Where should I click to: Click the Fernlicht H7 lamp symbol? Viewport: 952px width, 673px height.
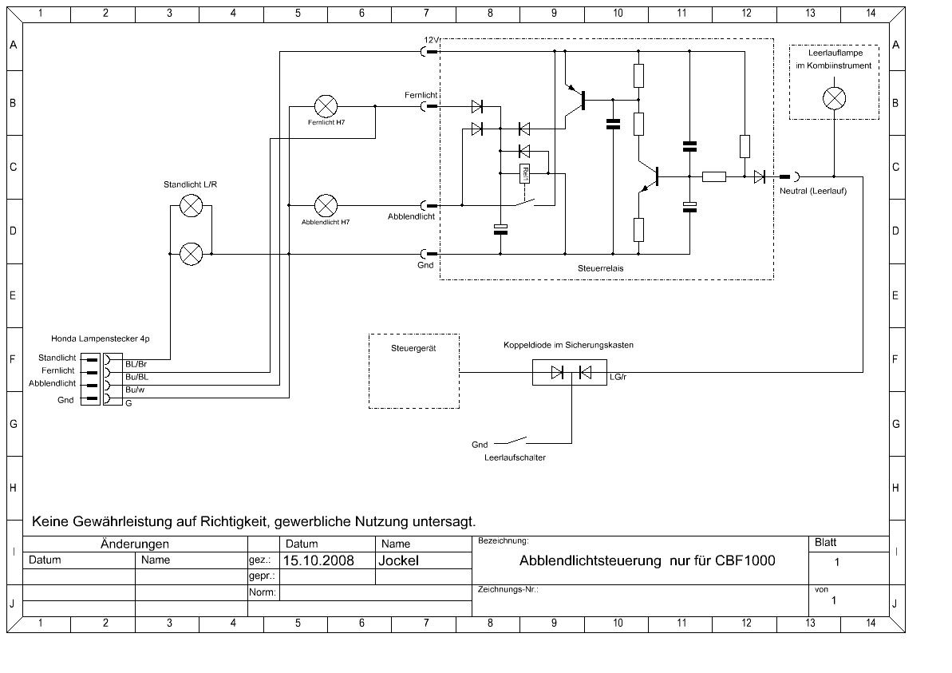pos(326,107)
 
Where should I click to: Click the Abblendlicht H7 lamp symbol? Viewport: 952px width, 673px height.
pos(326,206)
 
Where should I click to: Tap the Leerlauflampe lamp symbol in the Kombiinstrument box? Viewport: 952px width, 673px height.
pos(834,98)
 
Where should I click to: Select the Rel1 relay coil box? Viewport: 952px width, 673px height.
pos(525,174)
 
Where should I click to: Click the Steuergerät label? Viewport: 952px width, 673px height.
pos(413,349)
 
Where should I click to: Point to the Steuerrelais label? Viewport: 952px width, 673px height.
pos(600,268)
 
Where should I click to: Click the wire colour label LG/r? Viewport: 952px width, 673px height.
pos(618,377)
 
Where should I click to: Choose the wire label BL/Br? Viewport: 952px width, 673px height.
pos(136,364)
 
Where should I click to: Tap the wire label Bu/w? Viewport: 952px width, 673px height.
pos(135,390)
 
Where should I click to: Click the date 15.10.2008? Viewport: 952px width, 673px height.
pos(318,560)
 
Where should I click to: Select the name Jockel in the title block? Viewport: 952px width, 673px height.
pos(399,560)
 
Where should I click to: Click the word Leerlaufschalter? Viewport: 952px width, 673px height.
pos(515,458)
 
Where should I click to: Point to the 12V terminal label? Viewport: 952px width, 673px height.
pos(430,40)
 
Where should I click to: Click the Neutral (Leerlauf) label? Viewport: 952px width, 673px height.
pos(813,191)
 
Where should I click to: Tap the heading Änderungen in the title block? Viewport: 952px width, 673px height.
pos(135,544)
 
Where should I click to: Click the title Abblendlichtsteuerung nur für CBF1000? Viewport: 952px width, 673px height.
pos(647,560)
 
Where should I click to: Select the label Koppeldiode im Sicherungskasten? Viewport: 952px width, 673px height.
pos(568,345)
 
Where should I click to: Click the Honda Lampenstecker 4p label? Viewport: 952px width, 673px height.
pos(101,338)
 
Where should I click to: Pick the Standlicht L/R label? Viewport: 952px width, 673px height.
pos(190,184)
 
